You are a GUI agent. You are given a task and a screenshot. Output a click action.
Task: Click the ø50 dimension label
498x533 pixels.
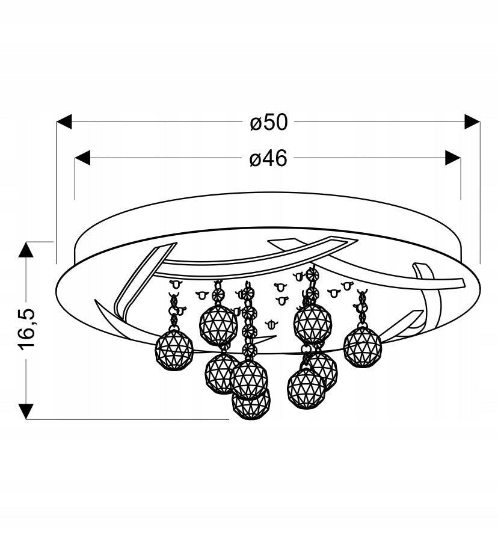point(268,122)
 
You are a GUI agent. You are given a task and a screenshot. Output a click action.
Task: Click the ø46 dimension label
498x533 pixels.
point(268,158)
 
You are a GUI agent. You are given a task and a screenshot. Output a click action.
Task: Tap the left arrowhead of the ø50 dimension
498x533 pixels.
point(64,122)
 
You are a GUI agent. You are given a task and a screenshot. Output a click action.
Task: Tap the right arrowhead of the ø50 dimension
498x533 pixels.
point(472,122)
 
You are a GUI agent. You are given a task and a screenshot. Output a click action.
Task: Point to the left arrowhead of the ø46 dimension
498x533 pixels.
point(82,158)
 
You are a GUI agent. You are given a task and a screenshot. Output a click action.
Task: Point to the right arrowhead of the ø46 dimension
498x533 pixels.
point(453,158)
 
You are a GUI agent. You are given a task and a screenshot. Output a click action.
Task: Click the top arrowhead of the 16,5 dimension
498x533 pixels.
point(26,250)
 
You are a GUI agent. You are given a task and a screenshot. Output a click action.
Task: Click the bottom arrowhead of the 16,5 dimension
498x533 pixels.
point(26,411)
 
